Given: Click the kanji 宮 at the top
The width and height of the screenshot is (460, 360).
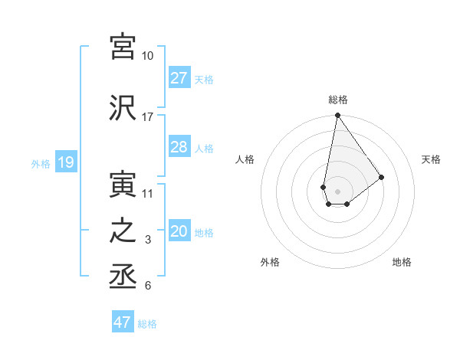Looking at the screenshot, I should click(123, 46).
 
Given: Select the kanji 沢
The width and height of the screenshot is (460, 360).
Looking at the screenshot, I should click(123, 108).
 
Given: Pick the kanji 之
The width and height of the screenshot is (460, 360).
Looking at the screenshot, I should click(123, 231).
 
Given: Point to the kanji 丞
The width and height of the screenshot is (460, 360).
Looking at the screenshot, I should click(123, 277).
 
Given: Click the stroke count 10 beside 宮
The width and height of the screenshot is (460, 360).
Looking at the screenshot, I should click(148, 56).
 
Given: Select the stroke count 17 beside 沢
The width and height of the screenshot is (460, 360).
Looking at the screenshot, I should click(148, 117).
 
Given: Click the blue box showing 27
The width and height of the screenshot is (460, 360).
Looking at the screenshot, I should click(179, 77).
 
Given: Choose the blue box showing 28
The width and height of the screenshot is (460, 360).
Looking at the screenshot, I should click(179, 147).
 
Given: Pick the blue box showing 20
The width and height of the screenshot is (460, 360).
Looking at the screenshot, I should click(179, 231).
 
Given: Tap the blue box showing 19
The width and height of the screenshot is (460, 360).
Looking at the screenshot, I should click(65, 162).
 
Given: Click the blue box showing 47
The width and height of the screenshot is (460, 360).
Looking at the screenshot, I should click(123, 322).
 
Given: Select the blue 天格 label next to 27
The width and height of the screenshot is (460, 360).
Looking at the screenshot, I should click(204, 79).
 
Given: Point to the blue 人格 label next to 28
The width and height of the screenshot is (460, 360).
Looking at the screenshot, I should click(204, 149).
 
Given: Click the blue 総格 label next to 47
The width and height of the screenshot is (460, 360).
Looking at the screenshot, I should click(147, 324).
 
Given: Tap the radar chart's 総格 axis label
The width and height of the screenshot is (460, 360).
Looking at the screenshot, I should click(338, 100).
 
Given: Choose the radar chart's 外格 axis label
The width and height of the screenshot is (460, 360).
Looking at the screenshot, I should click(270, 263).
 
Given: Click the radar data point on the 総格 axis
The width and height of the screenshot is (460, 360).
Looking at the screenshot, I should click(337, 116).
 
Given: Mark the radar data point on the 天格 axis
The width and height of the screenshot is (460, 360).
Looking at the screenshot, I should click(382, 177).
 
